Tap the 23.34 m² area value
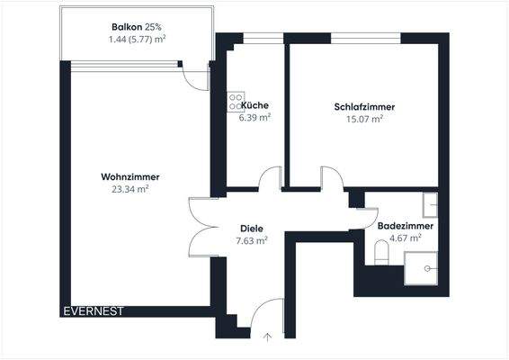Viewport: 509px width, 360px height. click(x=129, y=190)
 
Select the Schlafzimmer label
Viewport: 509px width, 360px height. click(x=364, y=106)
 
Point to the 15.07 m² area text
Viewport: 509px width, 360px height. click(x=364, y=118)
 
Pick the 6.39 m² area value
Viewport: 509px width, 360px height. click(x=254, y=117)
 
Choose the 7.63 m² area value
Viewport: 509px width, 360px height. click(x=251, y=240)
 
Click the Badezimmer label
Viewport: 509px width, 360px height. click(x=405, y=226)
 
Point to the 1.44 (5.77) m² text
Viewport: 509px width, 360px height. click(x=137, y=40)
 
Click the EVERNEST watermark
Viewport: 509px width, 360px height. click(x=94, y=311)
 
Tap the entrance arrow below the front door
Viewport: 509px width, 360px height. click(x=266, y=337)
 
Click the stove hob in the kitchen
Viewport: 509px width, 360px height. click(x=236, y=99)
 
